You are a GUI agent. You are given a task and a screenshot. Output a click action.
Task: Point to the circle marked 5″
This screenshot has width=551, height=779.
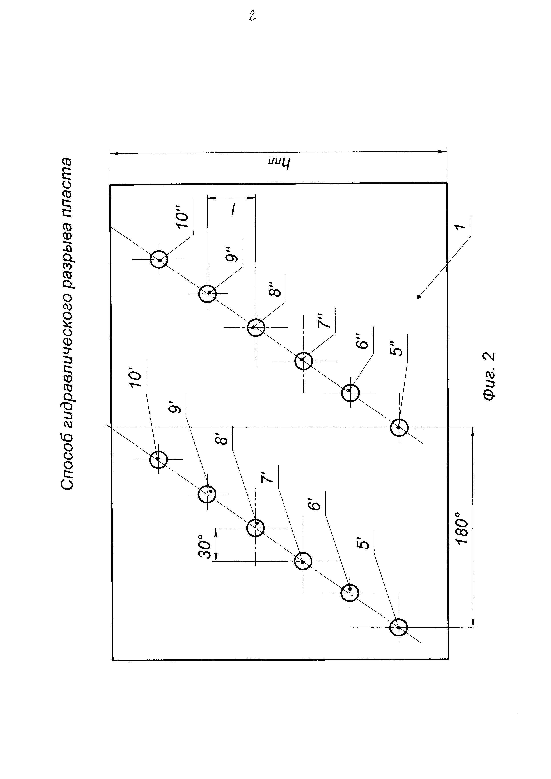click(x=399, y=428)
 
